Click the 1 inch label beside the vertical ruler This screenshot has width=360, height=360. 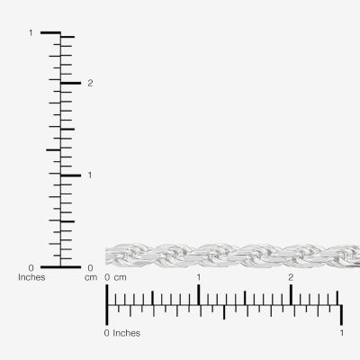coord(31,33)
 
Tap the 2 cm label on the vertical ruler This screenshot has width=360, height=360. coord(90,84)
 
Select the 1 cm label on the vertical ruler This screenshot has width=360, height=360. coord(90,175)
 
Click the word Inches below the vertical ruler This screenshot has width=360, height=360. coord(31,277)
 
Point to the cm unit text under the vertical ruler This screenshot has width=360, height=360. coord(91,278)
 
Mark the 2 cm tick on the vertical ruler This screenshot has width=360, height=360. coord(71,83)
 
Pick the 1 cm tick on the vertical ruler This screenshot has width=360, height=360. coord(71,175)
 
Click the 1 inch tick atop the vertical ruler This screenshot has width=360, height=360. coord(50,32)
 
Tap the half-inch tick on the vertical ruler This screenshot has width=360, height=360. coord(53,149)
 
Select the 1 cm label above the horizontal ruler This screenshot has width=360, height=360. coord(199,277)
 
